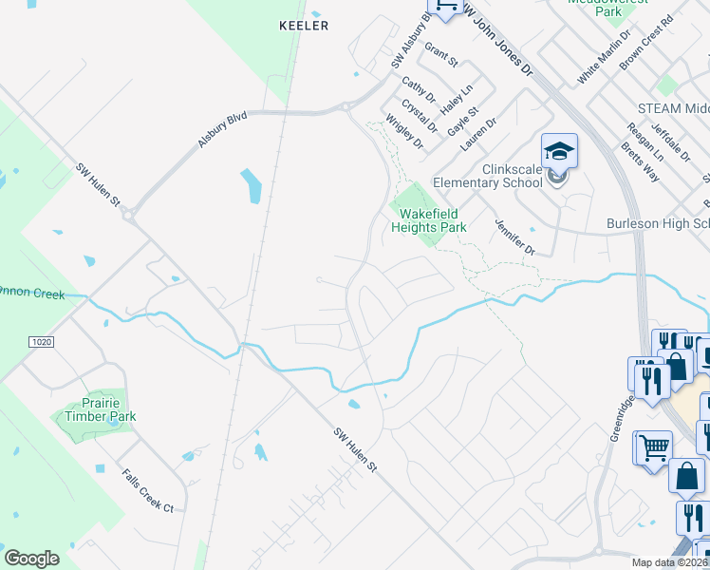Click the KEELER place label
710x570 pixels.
pyautogui.click(x=304, y=26)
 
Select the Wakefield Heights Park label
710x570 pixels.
pyautogui.click(x=429, y=221)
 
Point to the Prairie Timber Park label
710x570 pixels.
pyautogui.click(x=100, y=410)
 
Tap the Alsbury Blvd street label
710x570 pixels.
pyautogui.click(x=222, y=128)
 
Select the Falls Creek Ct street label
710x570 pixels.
pyautogui.click(x=147, y=491)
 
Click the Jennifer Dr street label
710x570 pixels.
pyautogui.click(x=514, y=237)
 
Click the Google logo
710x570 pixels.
pyautogui.click(x=31, y=559)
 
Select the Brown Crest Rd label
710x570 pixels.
pyautogui.click(x=645, y=41)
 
